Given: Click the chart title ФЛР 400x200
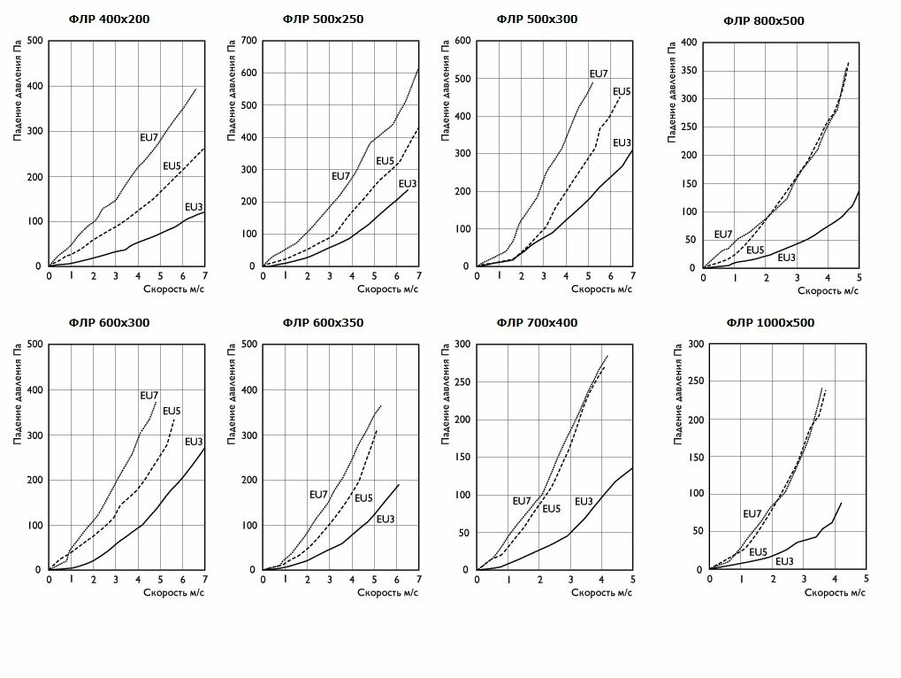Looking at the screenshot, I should coord(110,19).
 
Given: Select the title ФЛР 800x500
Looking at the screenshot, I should coord(764,20).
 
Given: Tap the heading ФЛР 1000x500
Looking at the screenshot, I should coord(770,323).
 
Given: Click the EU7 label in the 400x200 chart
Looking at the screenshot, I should coord(149,137).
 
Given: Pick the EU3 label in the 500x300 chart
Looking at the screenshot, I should coord(622,143).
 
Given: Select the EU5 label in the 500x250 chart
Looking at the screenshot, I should coord(385,161).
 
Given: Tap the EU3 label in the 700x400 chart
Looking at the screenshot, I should coord(584,502).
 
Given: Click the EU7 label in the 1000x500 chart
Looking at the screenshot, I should coord(752,513).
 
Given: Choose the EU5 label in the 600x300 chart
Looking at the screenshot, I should coord(172,411).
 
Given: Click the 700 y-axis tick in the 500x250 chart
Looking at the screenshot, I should coord(249,41).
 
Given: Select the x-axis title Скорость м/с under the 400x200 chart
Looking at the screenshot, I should coord(174,289).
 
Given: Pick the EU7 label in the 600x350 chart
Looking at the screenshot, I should coord(319,495).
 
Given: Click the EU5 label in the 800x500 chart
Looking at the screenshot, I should coord(755,250).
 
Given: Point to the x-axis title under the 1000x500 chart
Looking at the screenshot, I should coord(835,593).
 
